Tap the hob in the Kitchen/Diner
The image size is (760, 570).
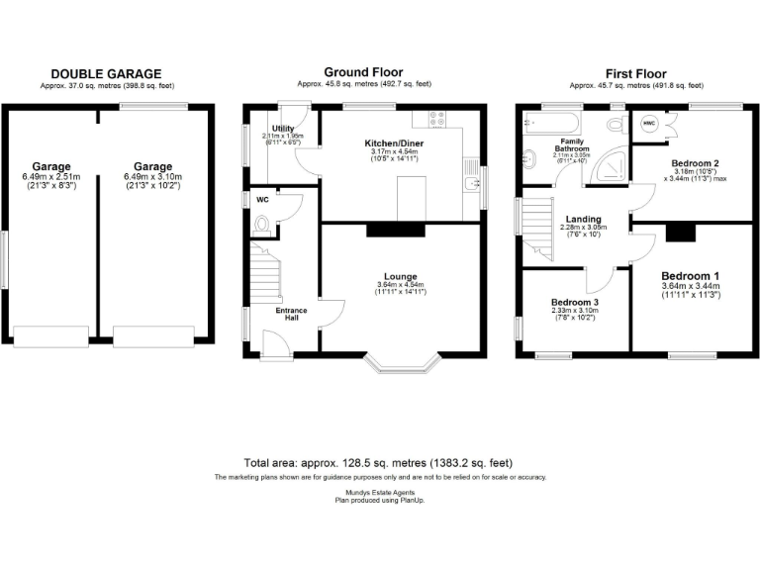point(437,121)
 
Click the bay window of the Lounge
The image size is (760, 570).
point(401,365)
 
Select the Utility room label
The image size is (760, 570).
point(284,129)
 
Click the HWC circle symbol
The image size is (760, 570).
point(650,124)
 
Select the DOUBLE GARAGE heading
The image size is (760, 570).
point(106,74)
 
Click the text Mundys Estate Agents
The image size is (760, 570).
point(379,492)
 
